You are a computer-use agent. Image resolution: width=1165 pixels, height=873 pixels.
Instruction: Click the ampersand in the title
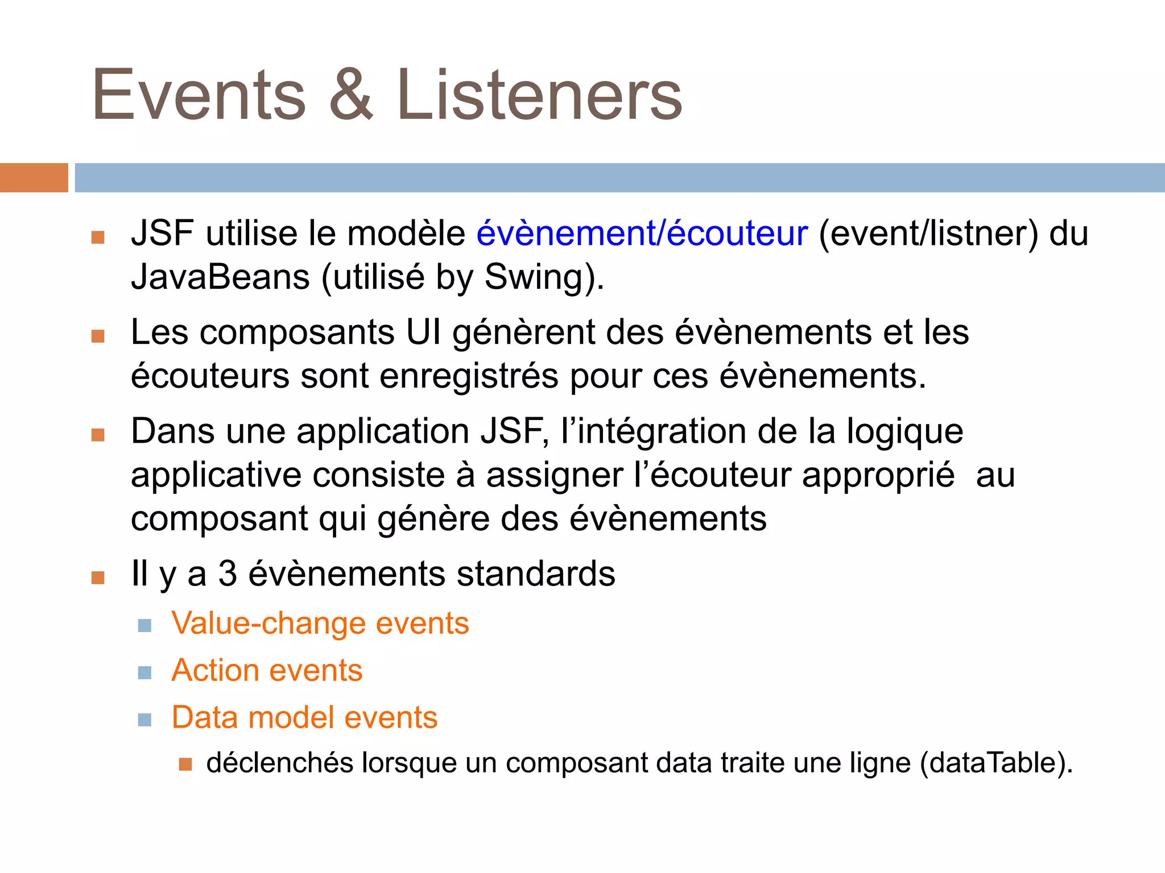tap(351, 95)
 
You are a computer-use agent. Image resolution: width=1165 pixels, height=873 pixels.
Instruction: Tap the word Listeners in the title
tap(539, 95)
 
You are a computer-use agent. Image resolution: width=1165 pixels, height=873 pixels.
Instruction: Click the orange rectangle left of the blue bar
tap(34, 177)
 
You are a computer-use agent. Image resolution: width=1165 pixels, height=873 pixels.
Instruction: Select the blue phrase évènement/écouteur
tap(642, 234)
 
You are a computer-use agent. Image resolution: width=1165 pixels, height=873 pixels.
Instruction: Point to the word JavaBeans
tap(220, 277)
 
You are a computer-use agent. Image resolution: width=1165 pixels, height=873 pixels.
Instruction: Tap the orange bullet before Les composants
tap(98, 336)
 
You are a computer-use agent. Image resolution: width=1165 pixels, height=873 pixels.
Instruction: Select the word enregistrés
tap(469, 376)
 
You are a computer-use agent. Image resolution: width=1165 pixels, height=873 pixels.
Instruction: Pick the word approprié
tap(878, 475)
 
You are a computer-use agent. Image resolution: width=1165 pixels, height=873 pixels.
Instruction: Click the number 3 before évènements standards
tap(228, 573)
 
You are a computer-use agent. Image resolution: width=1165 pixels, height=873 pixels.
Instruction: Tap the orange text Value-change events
tap(320, 623)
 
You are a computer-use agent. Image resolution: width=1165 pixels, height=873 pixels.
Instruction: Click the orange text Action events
tap(267, 670)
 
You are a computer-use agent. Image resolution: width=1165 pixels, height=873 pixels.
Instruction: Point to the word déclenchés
tap(279, 763)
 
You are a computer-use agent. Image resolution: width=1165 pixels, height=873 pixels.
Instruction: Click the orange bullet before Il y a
tap(98, 578)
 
